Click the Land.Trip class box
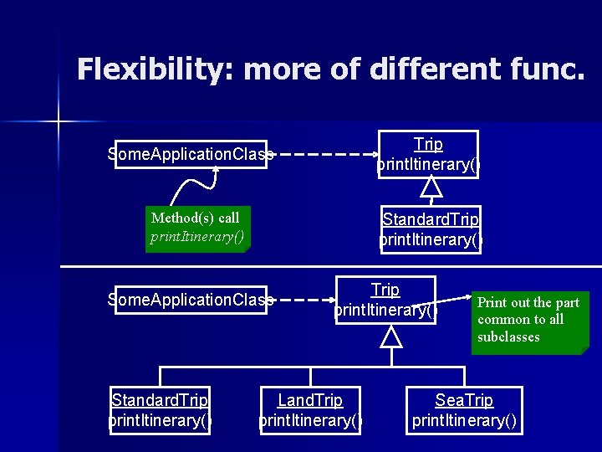coord(310,410)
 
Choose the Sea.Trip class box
coord(464,410)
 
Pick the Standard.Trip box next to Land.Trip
coord(160,410)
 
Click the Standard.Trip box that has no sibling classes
coord(431,229)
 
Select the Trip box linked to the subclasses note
coord(385,300)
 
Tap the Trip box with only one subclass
coord(428,155)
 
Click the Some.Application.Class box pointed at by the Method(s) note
coord(191,154)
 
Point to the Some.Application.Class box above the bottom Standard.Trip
coord(191,300)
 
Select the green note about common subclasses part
coord(529,321)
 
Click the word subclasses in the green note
coord(508,337)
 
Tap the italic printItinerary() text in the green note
coord(197,236)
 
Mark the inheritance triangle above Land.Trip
coord(390,337)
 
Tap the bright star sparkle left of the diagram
coord(59,122)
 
